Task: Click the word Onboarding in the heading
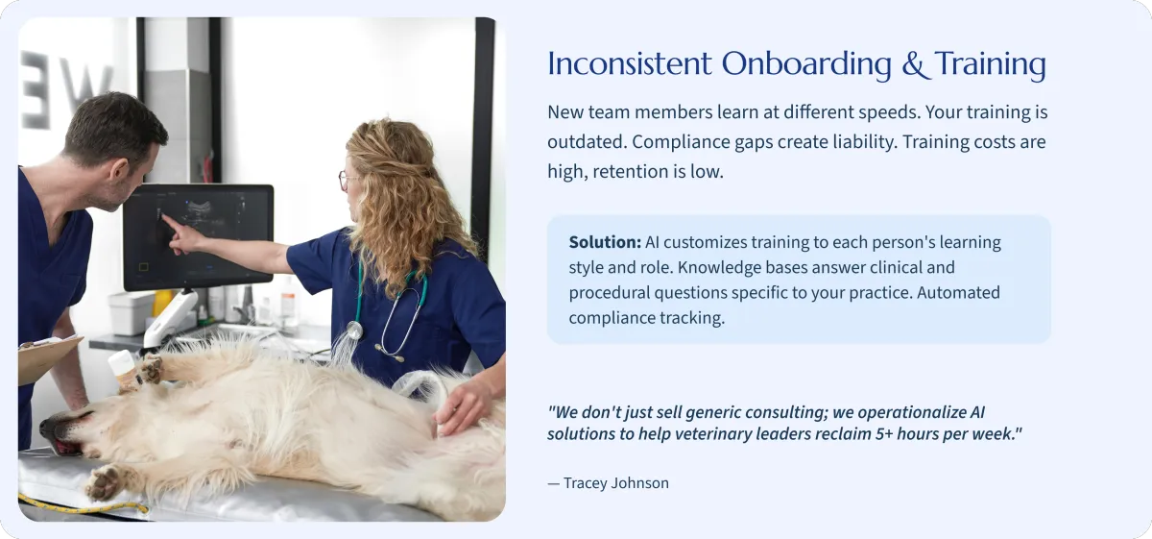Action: pos(806,65)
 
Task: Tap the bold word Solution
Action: pos(605,242)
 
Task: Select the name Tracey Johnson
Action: pos(616,483)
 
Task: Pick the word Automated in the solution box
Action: pos(958,292)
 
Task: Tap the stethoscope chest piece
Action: pos(353,330)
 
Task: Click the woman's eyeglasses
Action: pos(347,180)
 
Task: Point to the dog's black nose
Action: pos(46,427)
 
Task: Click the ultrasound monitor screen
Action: pos(199,237)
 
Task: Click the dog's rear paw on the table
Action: pos(105,482)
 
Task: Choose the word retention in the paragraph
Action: pos(628,171)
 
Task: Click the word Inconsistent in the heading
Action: pos(630,65)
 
